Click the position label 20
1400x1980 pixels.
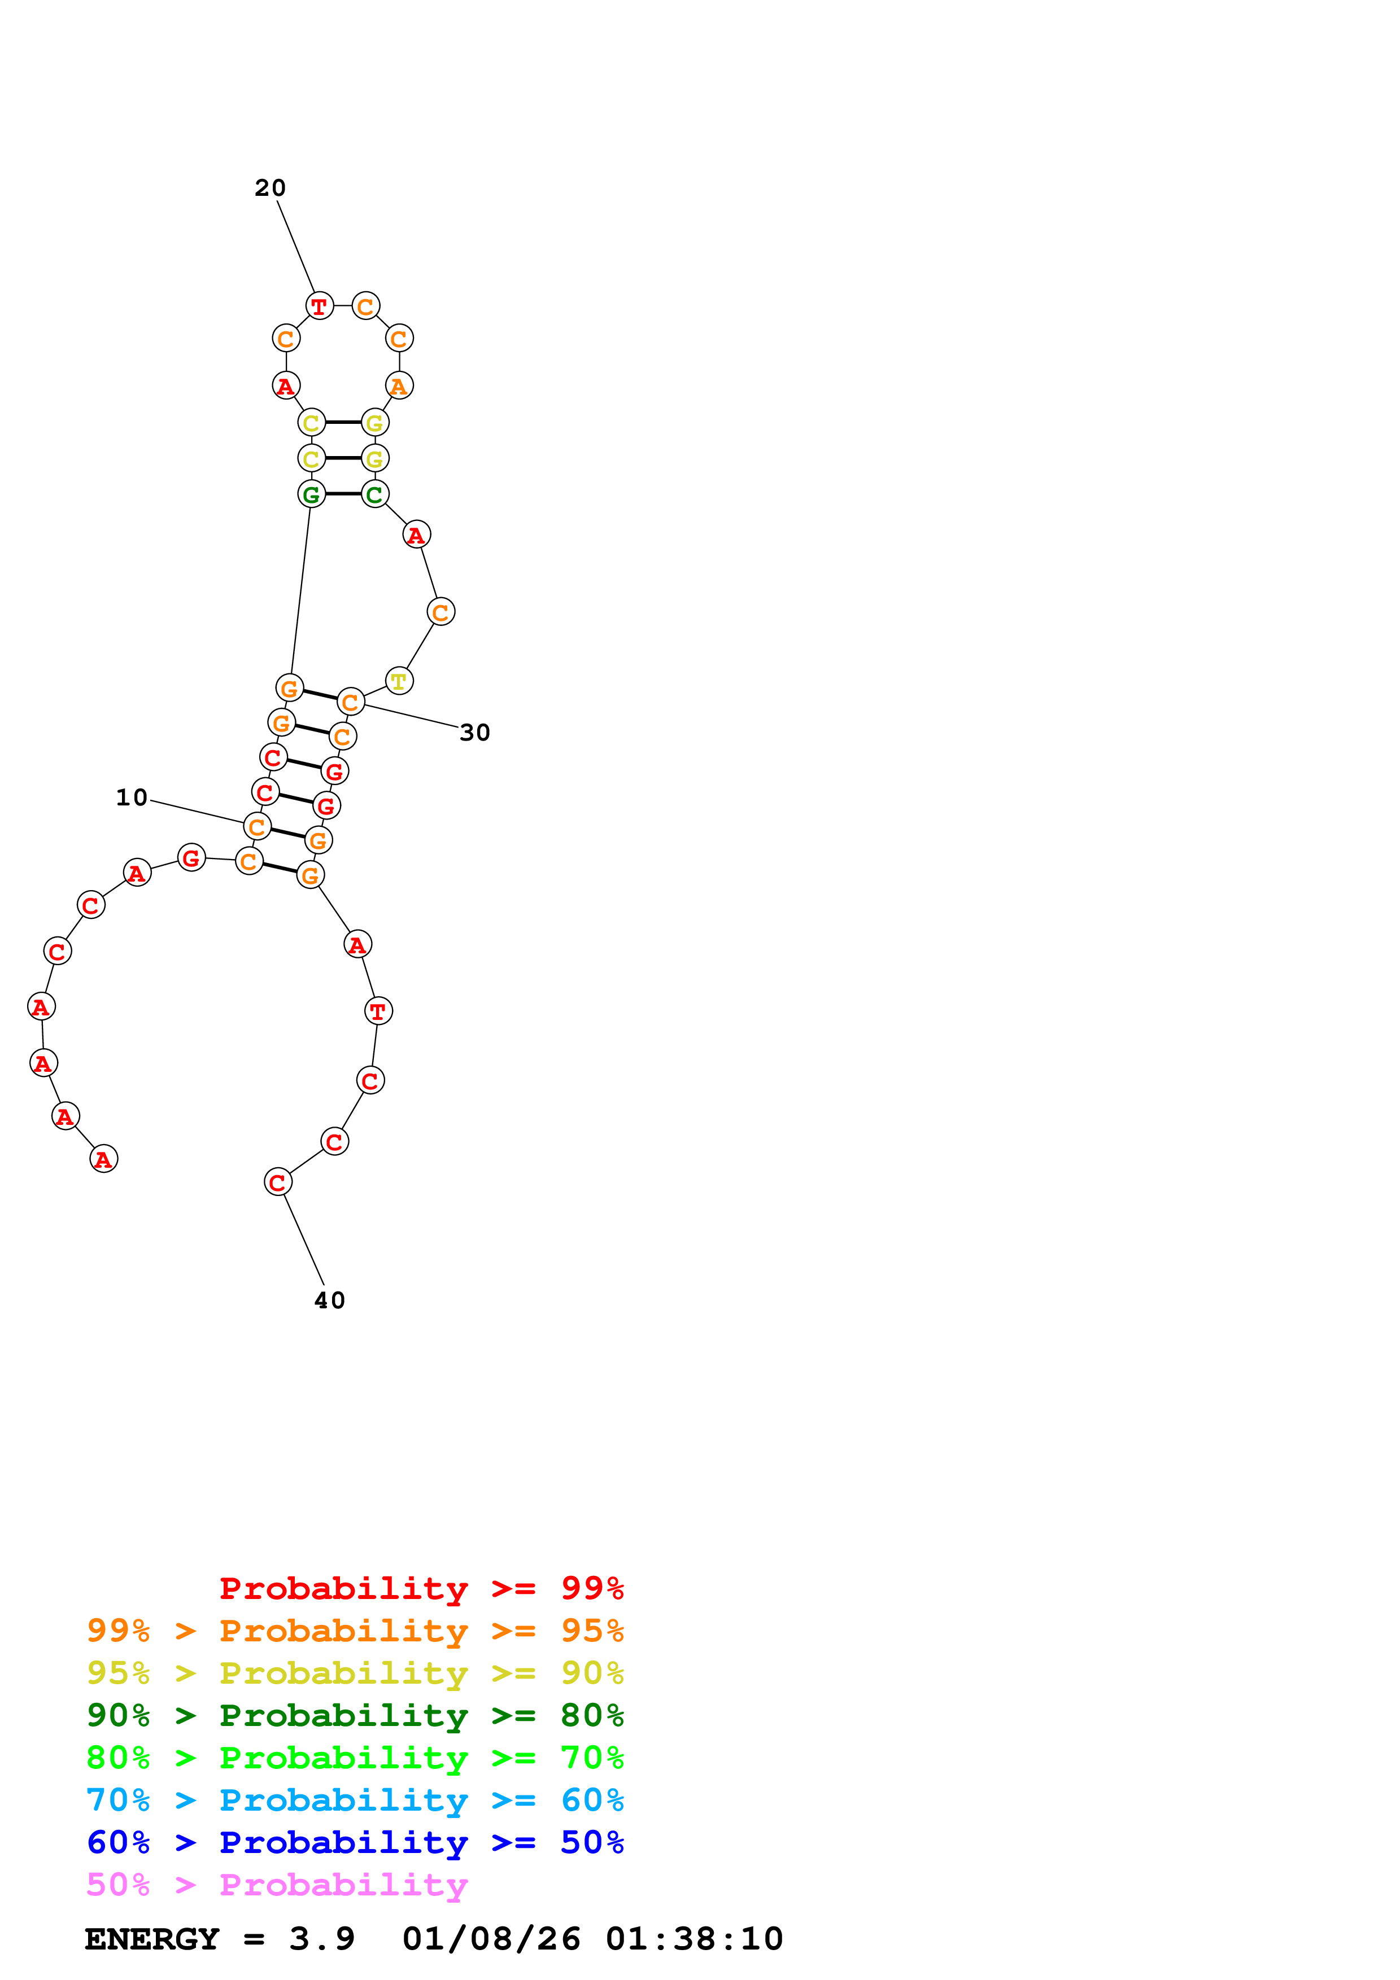click(x=270, y=188)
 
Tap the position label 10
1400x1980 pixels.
click(x=132, y=798)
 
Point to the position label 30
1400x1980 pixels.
click(x=474, y=733)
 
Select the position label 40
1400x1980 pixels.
click(x=329, y=1300)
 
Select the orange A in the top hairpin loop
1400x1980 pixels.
click(x=399, y=386)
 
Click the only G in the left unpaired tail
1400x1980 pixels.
click(x=191, y=857)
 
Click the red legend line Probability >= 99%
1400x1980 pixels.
click(x=421, y=1588)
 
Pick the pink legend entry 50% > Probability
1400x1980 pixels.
click(x=277, y=1885)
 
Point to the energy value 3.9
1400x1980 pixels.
click(x=322, y=1939)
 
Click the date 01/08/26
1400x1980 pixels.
click(x=491, y=1939)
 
